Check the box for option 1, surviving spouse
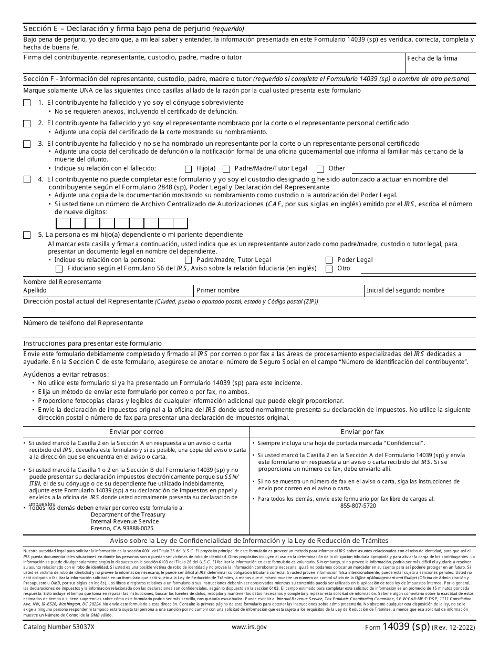click(27, 103)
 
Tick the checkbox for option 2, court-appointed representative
click(27, 124)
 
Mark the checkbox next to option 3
click(27, 144)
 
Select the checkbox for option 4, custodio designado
click(27, 180)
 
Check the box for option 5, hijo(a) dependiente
click(27, 235)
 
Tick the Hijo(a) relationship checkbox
click(188, 169)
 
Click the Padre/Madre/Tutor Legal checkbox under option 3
click(226, 169)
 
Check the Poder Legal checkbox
click(329, 260)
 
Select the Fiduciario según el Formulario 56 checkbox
click(59, 269)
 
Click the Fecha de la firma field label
click(432, 58)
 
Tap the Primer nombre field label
click(217, 290)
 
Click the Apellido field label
click(35, 290)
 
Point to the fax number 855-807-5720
click(358, 506)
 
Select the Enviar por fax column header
click(362, 432)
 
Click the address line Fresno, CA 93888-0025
click(122, 528)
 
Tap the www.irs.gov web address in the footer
click(249, 627)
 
